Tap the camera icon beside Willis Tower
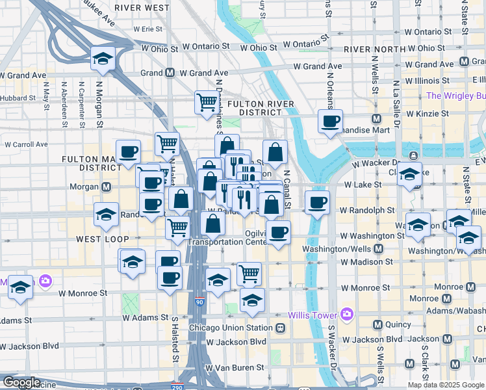(x=346, y=315)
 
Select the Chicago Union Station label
(x=231, y=328)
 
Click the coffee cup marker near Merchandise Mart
(x=330, y=121)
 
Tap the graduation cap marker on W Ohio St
(x=103, y=58)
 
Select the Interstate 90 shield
(x=199, y=302)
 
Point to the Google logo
(x=21, y=383)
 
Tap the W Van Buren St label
(x=236, y=367)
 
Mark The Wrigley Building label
(x=455, y=96)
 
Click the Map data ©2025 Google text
(x=445, y=385)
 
